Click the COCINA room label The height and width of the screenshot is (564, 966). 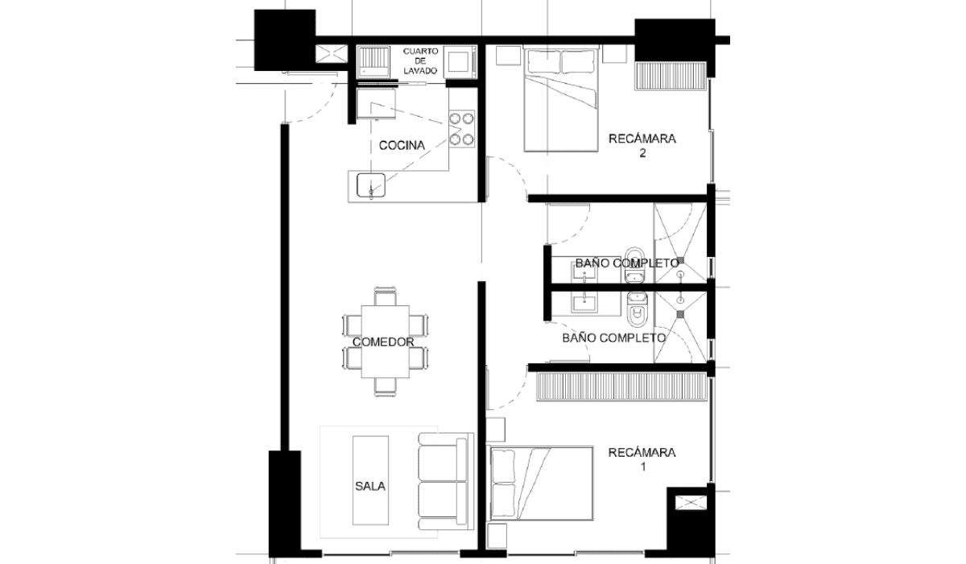pos(402,145)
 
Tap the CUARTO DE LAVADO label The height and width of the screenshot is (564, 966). pos(420,61)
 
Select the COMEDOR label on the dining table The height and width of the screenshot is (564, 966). pos(383,342)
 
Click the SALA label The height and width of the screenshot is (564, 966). pos(370,487)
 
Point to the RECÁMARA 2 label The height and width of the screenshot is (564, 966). pos(642,146)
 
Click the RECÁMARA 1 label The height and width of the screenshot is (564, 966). pos(642,459)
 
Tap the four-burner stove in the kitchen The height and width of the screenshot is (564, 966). pos(461,129)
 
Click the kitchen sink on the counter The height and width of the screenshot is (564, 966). pos(371,185)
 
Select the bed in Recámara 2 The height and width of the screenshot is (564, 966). pos(561,98)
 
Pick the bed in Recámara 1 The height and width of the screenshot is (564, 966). pos(539,483)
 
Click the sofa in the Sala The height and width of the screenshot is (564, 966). pos(446,481)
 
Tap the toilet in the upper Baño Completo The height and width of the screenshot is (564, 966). pos(634,264)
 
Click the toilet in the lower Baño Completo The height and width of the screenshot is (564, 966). pos(637,309)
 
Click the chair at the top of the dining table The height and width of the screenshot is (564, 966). pos(385,296)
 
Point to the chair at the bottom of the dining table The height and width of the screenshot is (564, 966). pos(385,387)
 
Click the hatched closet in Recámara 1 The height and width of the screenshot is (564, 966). pos(621,387)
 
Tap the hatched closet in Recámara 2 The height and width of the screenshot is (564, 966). pos(670,76)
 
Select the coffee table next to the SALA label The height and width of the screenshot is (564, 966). pos(370,480)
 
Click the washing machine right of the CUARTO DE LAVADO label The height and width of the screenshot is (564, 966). pos(460,62)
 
